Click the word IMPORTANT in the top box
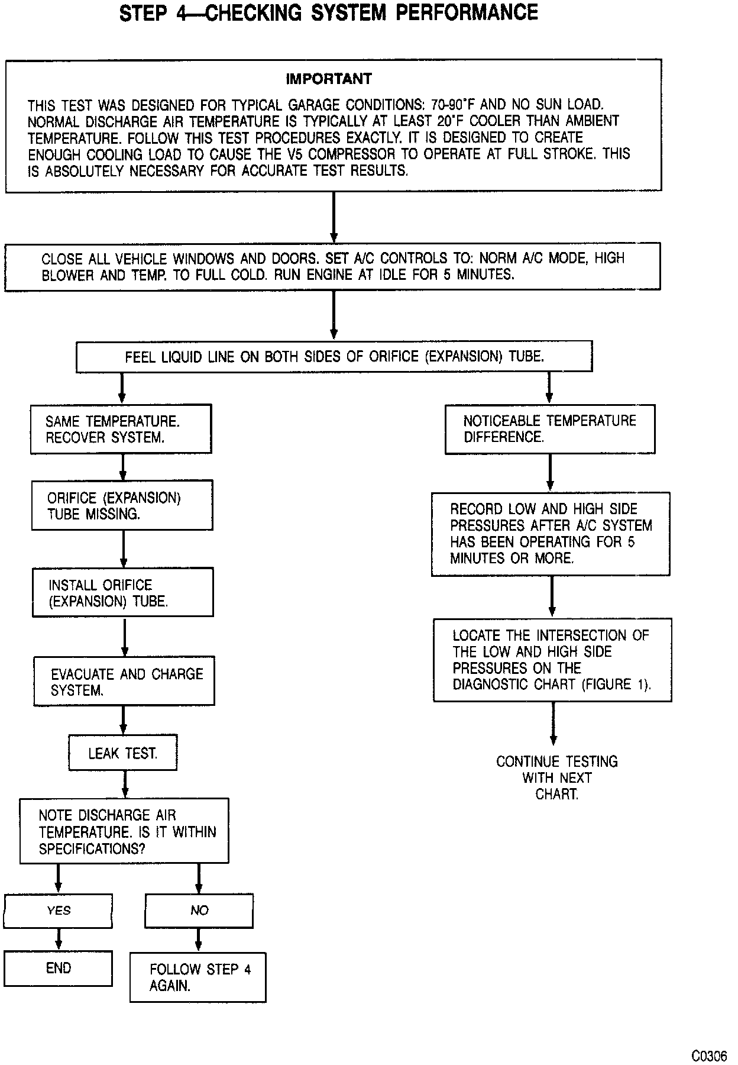[329, 79]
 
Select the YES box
[58, 911]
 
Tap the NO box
[199, 911]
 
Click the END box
[58, 969]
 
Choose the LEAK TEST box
[123, 753]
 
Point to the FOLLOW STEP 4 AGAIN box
[198, 977]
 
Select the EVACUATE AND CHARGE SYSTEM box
[124, 682]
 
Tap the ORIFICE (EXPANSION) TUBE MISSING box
[122, 505]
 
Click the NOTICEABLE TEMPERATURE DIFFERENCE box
[550, 429]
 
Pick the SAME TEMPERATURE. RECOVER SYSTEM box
[121, 429]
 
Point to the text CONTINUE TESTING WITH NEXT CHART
[556, 777]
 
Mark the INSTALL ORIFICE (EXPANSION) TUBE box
[123, 593]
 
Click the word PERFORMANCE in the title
[467, 12]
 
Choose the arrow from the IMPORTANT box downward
[334, 217]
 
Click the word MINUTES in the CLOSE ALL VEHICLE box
[483, 275]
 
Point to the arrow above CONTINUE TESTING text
[553, 724]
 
